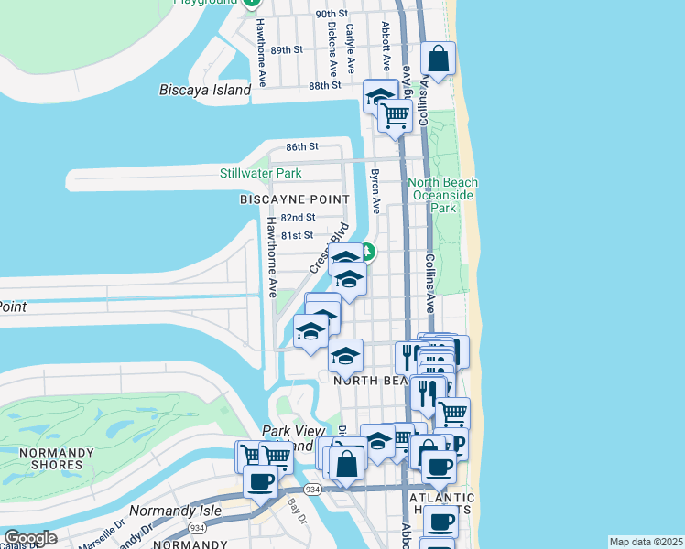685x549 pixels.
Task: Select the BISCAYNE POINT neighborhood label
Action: pos(294,199)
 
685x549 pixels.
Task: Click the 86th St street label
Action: pos(301,146)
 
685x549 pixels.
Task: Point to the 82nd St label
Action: pos(299,218)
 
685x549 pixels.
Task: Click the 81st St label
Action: pos(297,235)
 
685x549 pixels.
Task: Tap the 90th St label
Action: pos(332,15)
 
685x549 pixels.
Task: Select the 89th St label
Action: pos(287,50)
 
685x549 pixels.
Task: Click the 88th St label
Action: pos(324,85)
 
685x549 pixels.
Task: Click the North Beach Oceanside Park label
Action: pos(443,195)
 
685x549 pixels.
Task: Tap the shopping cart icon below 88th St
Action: pos(395,115)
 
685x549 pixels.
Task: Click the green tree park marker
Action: pos(367,251)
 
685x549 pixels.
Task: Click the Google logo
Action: pos(29,538)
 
